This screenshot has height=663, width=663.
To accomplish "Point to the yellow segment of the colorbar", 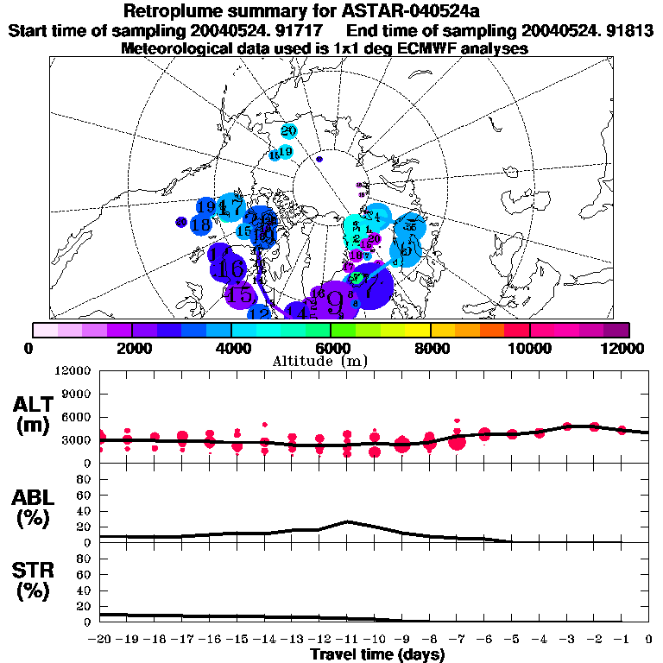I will (417, 329).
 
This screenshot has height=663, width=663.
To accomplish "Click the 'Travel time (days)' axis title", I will (377, 655).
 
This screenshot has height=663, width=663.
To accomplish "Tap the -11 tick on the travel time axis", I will (347, 640).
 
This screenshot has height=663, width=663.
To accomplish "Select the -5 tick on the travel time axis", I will (512, 640).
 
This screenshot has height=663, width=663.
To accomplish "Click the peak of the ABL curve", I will (347, 521).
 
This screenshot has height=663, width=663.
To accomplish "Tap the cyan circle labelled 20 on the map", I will (289, 131).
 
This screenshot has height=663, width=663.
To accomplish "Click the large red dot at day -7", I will (457, 441).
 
